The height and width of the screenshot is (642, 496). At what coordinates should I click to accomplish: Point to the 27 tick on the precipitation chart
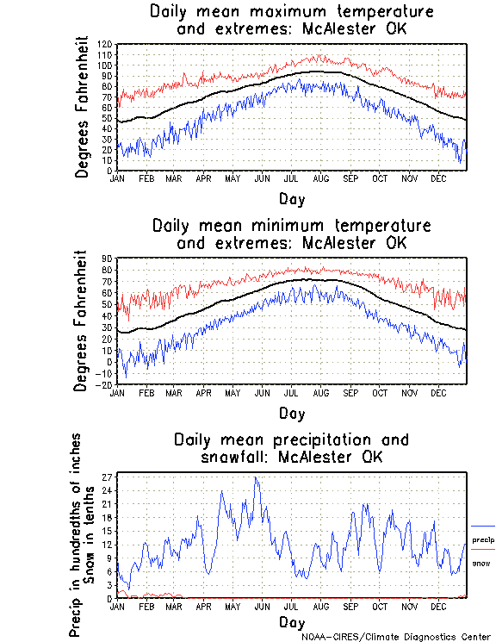(x=108, y=476)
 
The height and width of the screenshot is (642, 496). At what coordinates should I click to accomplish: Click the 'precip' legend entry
(x=483, y=539)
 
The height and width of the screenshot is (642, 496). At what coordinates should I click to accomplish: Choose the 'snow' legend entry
(x=482, y=563)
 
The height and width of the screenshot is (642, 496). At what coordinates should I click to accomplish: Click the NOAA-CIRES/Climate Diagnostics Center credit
(x=398, y=636)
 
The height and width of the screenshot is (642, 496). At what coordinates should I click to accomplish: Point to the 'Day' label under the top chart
(x=291, y=198)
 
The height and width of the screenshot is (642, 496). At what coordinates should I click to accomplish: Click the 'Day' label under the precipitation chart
(x=291, y=621)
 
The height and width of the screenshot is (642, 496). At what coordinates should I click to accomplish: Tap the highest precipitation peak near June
(x=255, y=477)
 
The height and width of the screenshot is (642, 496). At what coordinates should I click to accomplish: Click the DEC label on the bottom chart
(x=438, y=606)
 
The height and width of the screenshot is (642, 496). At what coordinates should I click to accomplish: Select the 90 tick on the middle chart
(x=108, y=259)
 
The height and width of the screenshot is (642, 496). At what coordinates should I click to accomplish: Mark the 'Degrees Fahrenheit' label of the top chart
(x=83, y=106)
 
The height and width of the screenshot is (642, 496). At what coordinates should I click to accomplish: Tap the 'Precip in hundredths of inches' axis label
(x=76, y=534)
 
